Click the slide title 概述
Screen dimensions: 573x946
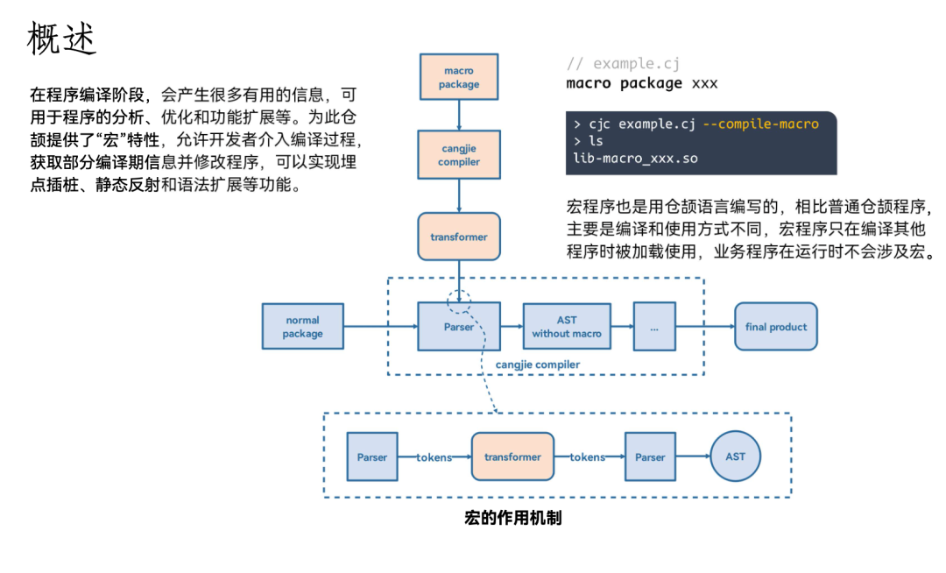[x=62, y=39]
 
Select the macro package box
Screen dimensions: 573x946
[x=459, y=78]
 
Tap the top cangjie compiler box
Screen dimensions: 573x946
[x=459, y=156]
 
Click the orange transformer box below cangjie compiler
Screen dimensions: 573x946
[x=459, y=237]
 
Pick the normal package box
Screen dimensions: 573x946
[x=303, y=327]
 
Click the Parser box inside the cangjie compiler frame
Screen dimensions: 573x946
[x=459, y=327]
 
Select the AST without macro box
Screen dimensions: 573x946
[x=567, y=327]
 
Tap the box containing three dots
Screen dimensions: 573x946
[x=654, y=327]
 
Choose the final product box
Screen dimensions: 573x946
[x=775, y=327]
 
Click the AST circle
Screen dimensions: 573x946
[x=735, y=456]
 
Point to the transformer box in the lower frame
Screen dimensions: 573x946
[x=512, y=456]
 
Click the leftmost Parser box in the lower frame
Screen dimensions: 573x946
[x=371, y=456]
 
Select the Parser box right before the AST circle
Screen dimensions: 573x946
[x=650, y=456]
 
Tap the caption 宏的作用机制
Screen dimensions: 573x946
[x=512, y=518]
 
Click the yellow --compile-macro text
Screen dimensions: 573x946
[x=760, y=124]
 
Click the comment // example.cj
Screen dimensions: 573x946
[x=623, y=64]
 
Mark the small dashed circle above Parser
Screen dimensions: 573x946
[x=459, y=301]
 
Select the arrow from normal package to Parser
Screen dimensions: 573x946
[x=380, y=327]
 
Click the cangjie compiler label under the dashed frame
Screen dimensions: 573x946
[x=538, y=364]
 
